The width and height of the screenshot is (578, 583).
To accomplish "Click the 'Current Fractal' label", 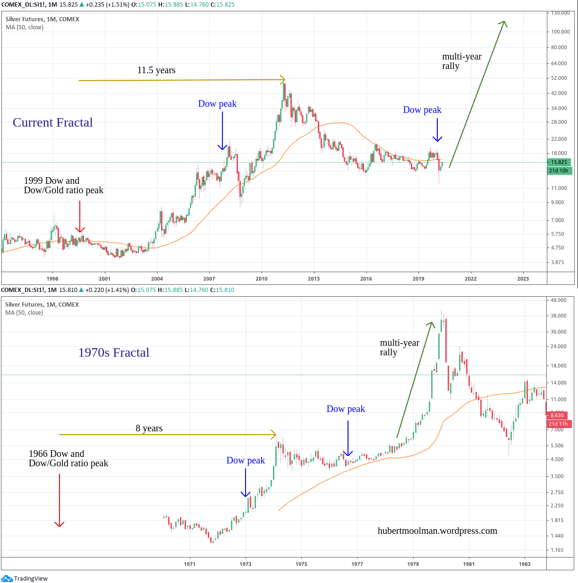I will pyautogui.click(x=52, y=123).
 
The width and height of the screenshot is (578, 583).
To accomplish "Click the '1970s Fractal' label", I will pyautogui.click(x=113, y=353).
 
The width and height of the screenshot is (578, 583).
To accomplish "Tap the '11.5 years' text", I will pyautogui.click(x=156, y=70).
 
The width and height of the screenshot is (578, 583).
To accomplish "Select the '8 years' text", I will pyautogui.click(x=149, y=429).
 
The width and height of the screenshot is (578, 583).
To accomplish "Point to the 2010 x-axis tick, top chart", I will pyautogui.click(x=262, y=279).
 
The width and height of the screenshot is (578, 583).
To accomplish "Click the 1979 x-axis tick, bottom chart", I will pyautogui.click(x=413, y=564).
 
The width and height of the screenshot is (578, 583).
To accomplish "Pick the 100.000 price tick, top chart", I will pyautogui.click(x=561, y=32).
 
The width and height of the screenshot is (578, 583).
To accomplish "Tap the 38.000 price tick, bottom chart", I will pyautogui.click(x=559, y=316).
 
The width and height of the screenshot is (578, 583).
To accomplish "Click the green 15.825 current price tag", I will pyautogui.click(x=559, y=162).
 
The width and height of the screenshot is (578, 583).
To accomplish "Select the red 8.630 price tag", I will pyautogui.click(x=557, y=415).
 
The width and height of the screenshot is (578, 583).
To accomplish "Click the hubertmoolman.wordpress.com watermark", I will pyautogui.click(x=437, y=531).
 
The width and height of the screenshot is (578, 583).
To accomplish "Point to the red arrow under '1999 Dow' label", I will pyautogui.click(x=80, y=216).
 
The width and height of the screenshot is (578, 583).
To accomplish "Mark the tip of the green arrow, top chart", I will pyautogui.click(x=504, y=22).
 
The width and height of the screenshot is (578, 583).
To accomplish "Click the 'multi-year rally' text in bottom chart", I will pyautogui.click(x=399, y=348).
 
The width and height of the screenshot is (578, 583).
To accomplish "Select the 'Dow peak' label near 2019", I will pyautogui.click(x=422, y=110).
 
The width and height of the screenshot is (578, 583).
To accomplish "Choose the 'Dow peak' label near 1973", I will pyautogui.click(x=246, y=461).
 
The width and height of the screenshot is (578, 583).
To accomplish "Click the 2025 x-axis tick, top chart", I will pyautogui.click(x=523, y=279).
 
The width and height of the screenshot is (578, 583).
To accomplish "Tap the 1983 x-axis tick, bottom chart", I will pyautogui.click(x=524, y=564).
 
